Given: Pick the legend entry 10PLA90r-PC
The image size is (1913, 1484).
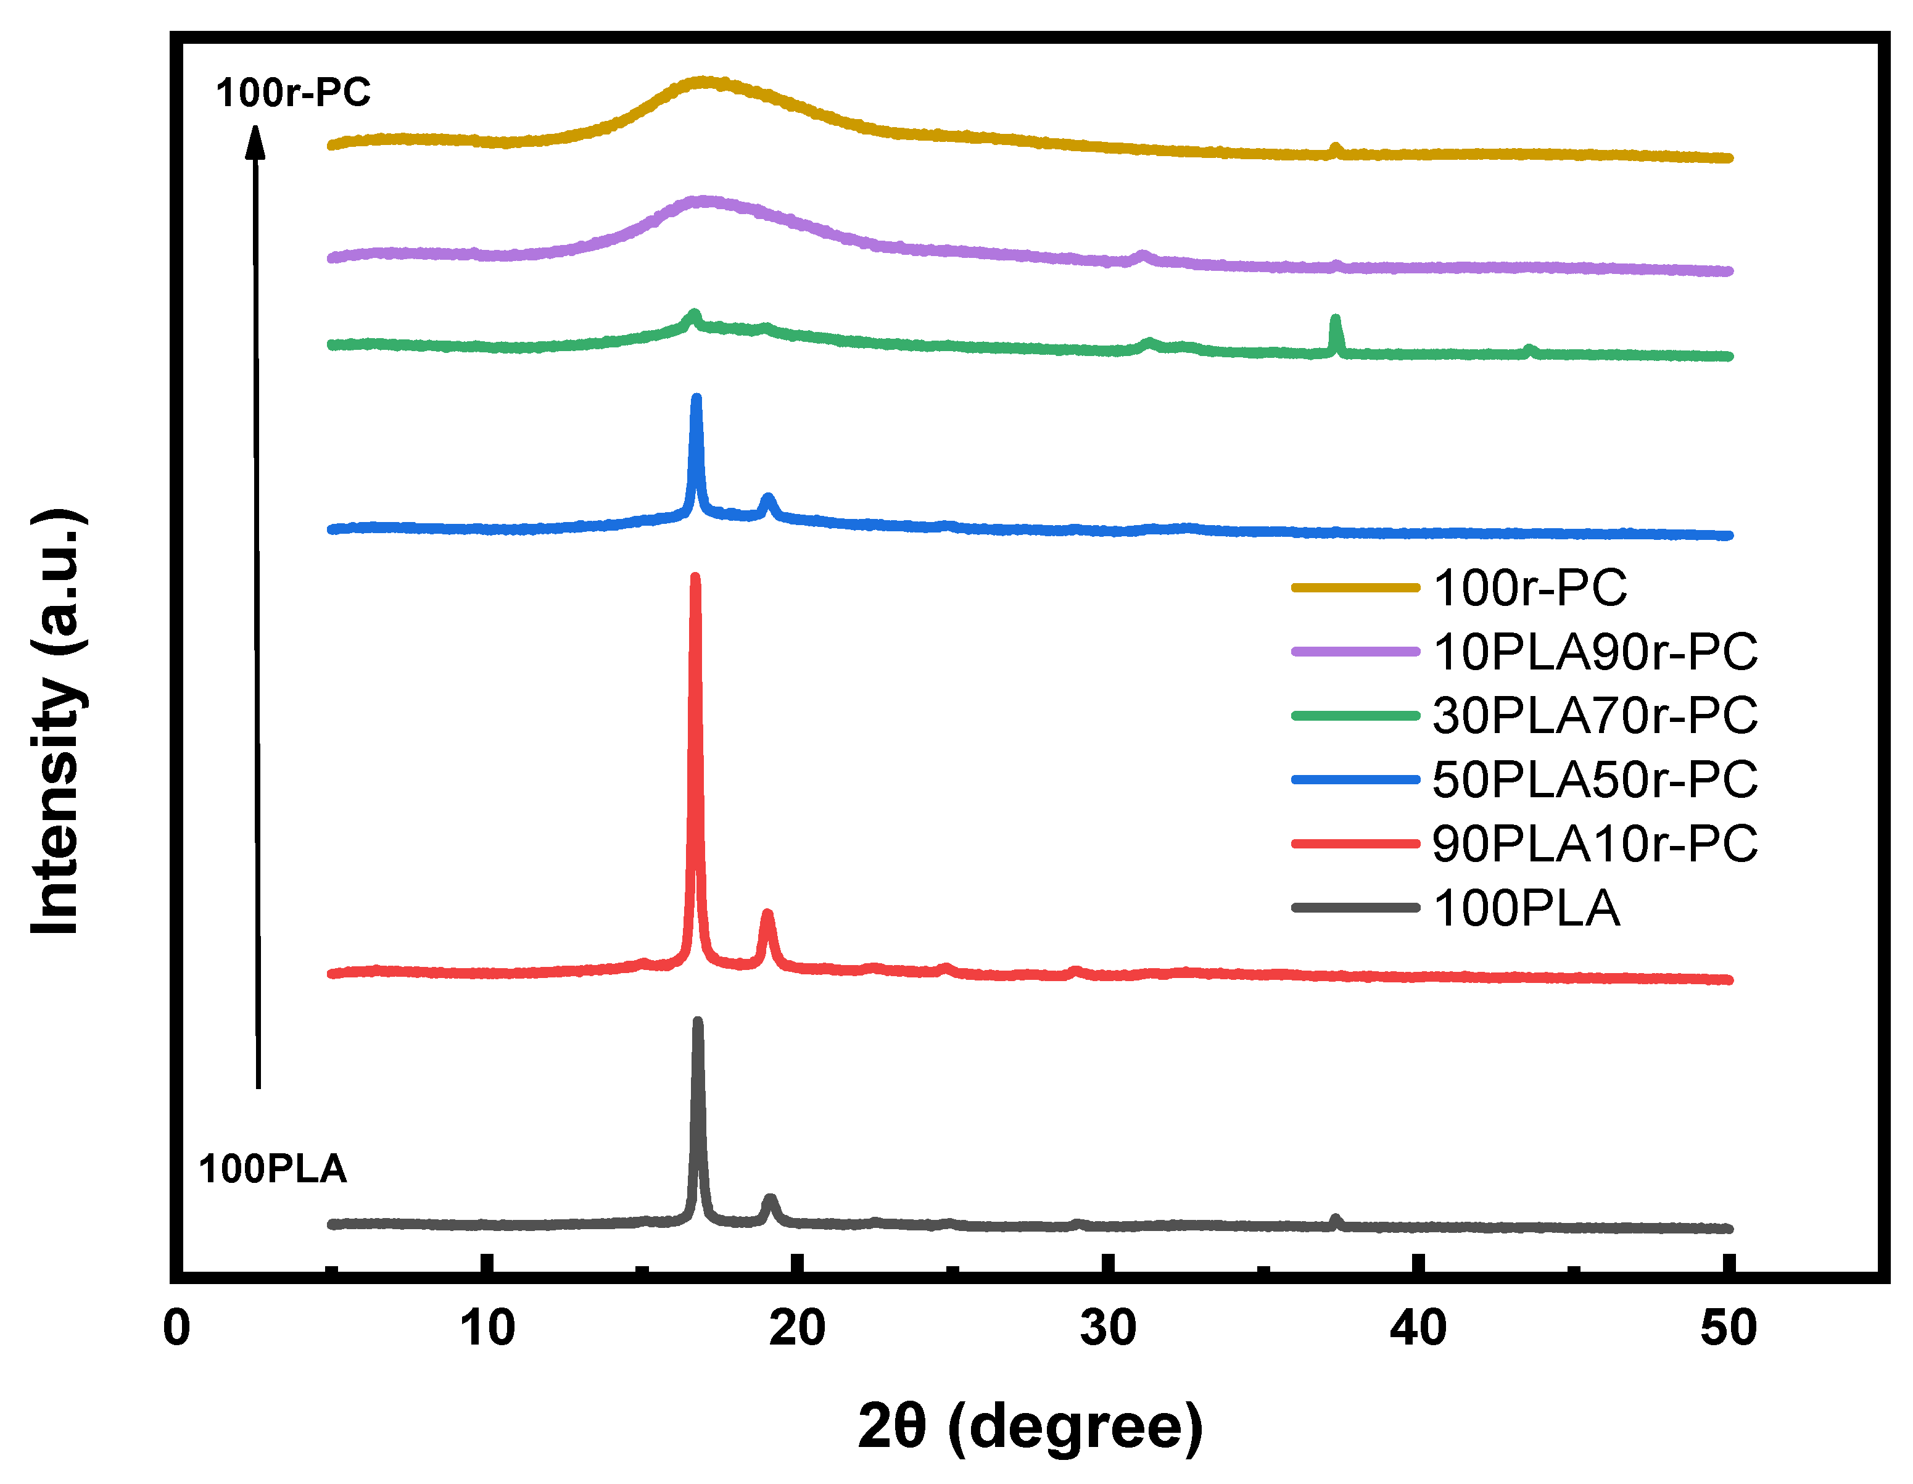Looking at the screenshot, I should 1594,652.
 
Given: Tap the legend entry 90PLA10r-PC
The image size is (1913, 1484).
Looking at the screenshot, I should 1594,844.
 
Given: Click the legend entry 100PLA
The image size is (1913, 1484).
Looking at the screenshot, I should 1526,908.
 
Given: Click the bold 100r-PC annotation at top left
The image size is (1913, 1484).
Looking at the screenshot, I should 294,93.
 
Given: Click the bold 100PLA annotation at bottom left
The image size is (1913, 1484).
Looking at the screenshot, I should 273,1169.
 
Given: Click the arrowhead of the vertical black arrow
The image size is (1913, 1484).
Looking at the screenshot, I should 255,140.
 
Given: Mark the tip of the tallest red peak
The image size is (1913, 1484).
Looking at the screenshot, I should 695,578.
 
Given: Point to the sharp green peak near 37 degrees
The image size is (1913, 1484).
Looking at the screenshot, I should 1335,320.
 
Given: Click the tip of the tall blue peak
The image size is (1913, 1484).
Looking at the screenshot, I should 696,399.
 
